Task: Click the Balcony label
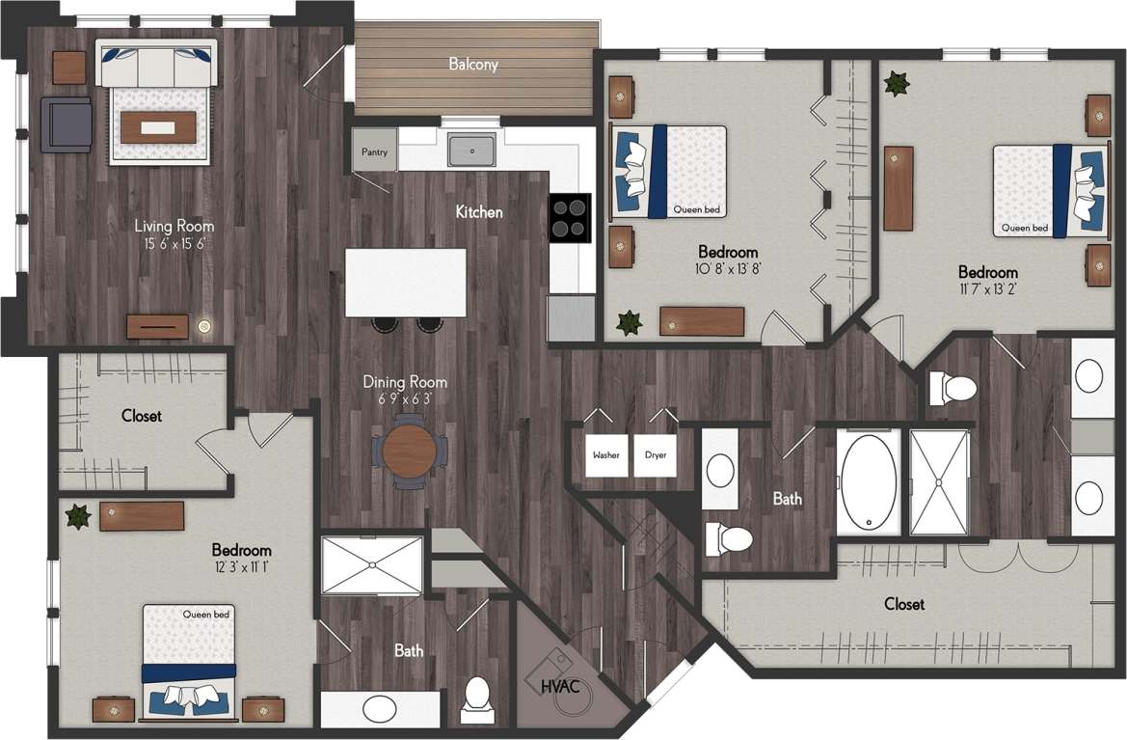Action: pyautogui.click(x=473, y=65)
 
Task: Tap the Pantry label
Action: pyautogui.click(x=374, y=152)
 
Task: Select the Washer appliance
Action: pyautogui.click(x=606, y=454)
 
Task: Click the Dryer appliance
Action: pyautogui.click(x=656, y=454)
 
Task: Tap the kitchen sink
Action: pyautogui.click(x=471, y=151)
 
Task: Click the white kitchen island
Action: pyautogui.click(x=406, y=282)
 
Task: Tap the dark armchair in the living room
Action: pyautogui.click(x=67, y=124)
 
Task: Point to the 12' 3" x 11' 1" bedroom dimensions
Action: pyautogui.click(x=241, y=566)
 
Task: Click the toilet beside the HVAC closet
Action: pyautogui.click(x=476, y=699)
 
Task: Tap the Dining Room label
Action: pyautogui.click(x=405, y=382)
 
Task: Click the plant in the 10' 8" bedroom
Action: pyautogui.click(x=630, y=322)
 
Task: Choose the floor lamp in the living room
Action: pyautogui.click(x=204, y=326)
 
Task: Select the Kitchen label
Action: pyautogui.click(x=479, y=211)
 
